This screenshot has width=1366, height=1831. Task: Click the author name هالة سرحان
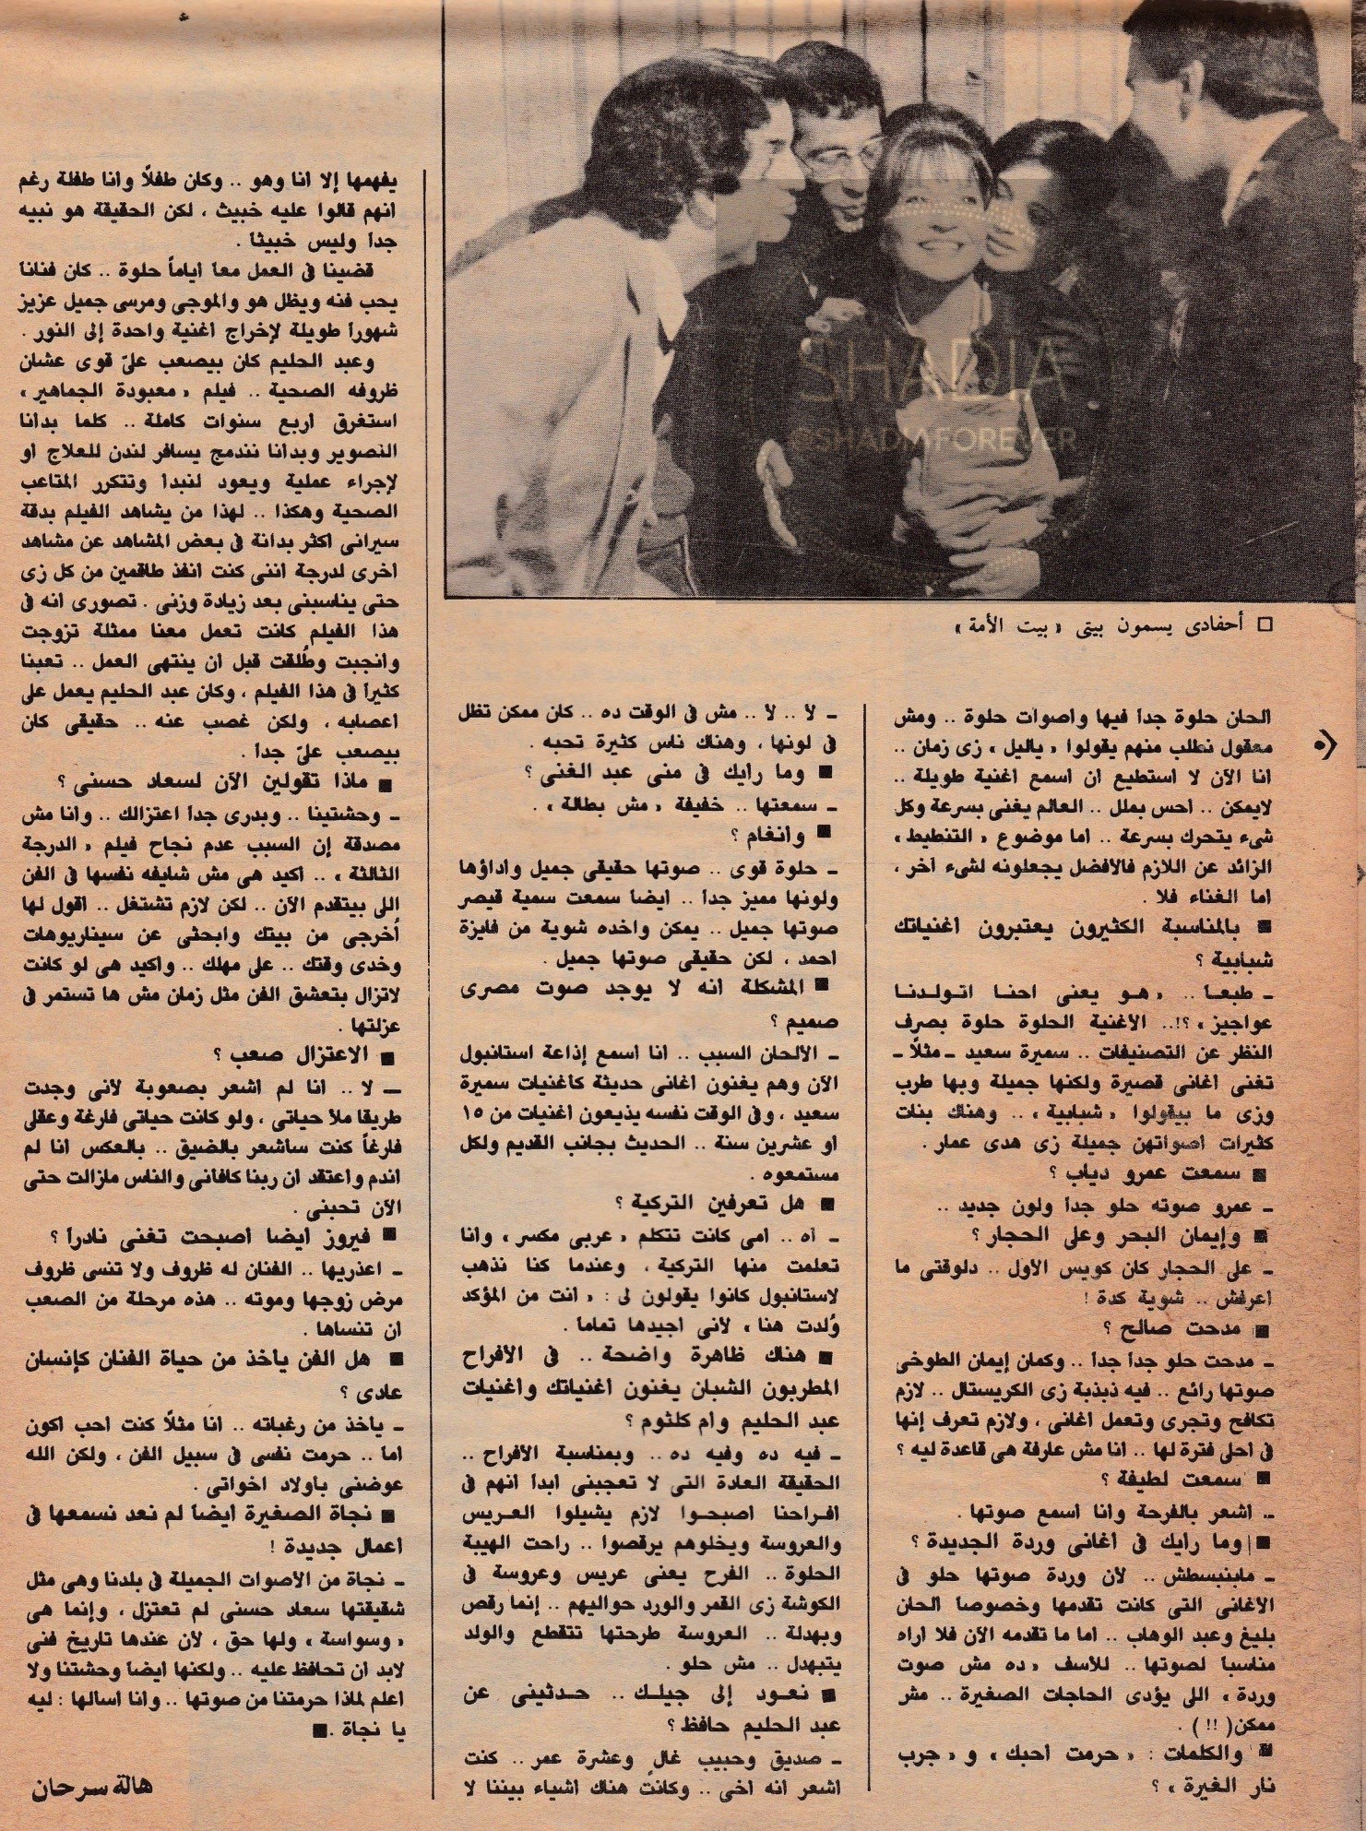pyautogui.click(x=91, y=1785)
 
